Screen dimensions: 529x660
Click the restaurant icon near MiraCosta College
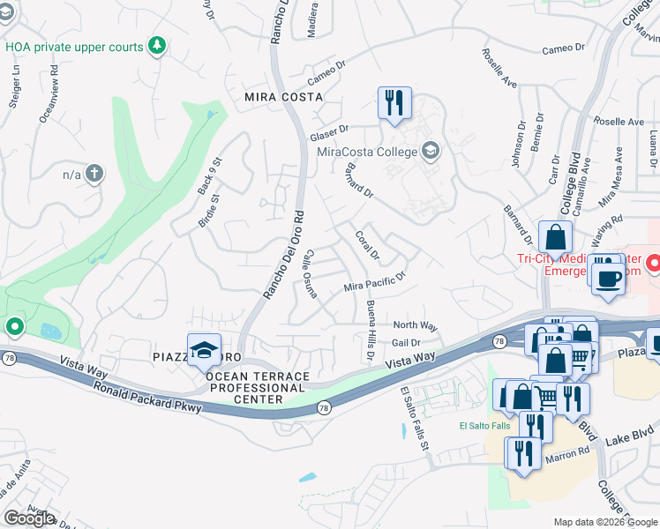pyautogui.click(x=394, y=102)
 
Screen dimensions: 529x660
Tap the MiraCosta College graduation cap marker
pyautogui.click(x=430, y=152)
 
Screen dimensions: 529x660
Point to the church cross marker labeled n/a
pyautogui.click(x=94, y=174)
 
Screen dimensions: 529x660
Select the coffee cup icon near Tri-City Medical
pyautogui.click(x=608, y=278)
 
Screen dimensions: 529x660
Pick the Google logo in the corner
pyautogui.click(x=29, y=518)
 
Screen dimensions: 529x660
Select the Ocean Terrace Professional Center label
pyautogui.click(x=258, y=388)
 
